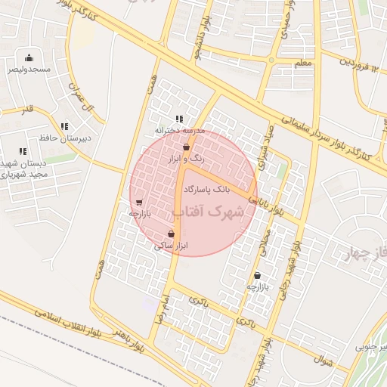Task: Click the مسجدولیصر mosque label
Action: pyautogui.click(x=29, y=69)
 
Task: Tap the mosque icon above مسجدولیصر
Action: pyautogui.click(x=29, y=58)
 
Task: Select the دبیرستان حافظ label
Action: pyautogui.click(x=64, y=138)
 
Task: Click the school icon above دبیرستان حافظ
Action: pyautogui.click(x=64, y=126)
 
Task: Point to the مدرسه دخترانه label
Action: pyautogui.click(x=180, y=130)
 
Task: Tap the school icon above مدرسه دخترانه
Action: pyautogui.click(x=179, y=119)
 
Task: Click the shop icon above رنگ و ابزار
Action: pyautogui.click(x=186, y=148)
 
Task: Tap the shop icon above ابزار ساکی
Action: pyautogui.click(x=172, y=234)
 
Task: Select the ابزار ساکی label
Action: pyautogui.click(x=171, y=246)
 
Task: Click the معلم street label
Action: pyautogui.click(x=303, y=63)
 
